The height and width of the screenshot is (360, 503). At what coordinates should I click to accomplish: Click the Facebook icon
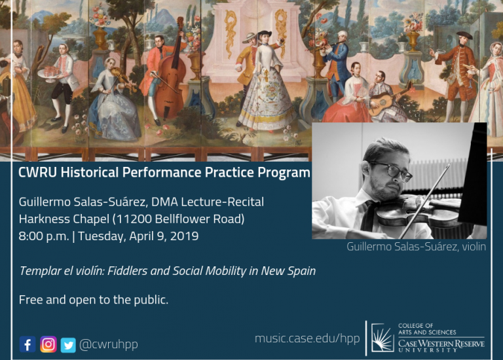tap(28, 344)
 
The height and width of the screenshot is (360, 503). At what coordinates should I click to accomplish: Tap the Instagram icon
tap(48, 344)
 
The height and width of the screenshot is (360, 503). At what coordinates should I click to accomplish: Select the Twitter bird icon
tap(68, 345)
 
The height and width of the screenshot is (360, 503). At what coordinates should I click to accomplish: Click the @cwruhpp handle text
tap(109, 344)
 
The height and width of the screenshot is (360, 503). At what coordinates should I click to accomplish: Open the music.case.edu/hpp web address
tap(307, 338)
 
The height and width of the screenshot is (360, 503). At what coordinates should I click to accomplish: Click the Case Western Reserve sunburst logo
tap(382, 338)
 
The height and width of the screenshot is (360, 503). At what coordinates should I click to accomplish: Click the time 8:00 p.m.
tap(44, 236)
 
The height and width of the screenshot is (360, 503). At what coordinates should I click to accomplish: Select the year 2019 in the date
tap(184, 236)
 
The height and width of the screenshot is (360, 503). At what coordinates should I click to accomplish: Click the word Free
tap(31, 300)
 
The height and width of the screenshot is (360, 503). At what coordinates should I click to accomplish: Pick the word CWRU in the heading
tap(37, 172)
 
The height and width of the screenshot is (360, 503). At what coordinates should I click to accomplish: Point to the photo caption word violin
tap(474, 247)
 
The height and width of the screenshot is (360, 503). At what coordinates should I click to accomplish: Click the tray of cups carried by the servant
tap(50, 72)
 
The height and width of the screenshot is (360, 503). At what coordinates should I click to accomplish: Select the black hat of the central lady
tap(265, 33)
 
